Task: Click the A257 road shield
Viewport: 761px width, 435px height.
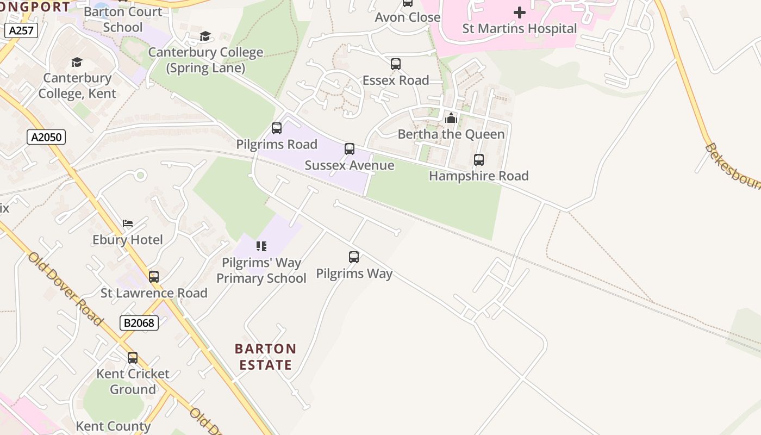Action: [22, 30]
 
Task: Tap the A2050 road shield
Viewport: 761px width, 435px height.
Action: [46, 137]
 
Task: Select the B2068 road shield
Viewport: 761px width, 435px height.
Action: [139, 323]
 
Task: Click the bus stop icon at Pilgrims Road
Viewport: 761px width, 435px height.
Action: [277, 128]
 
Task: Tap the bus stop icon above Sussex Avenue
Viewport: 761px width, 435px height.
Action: [350, 149]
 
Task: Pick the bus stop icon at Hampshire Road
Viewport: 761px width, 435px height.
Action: [479, 160]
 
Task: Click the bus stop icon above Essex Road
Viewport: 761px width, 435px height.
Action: [396, 64]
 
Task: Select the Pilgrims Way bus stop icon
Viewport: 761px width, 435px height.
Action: [354, 257]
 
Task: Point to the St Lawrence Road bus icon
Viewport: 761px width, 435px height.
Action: [154, 277]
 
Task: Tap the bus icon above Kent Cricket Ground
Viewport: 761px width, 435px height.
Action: [133, 358]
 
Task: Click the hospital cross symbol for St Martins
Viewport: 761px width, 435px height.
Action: [520, 12]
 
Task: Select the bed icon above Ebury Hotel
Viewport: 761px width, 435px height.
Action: [128, 223]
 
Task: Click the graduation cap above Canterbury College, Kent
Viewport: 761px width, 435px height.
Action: [77, 62]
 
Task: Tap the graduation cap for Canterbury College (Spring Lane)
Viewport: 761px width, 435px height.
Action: [205, 36]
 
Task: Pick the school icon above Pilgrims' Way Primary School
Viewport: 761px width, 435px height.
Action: [261, 246]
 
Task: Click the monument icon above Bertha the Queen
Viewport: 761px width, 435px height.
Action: [451, 118]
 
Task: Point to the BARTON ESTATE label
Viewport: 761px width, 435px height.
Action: [266, 357]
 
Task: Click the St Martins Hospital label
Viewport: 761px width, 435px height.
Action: [519, 29]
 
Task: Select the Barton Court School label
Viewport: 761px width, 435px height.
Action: [123, 19]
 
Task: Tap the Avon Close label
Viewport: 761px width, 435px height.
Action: [408, 17]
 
